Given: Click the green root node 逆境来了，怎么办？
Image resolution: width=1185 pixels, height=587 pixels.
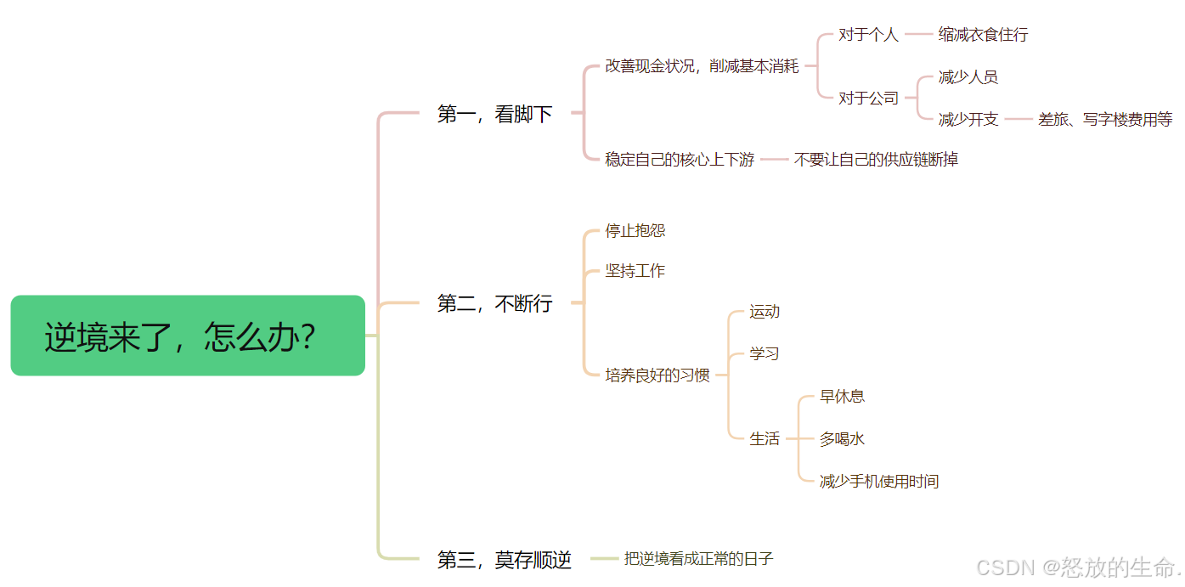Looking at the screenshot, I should coord(188,336).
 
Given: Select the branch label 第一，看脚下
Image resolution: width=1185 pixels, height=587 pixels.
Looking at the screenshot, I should coord(494,114).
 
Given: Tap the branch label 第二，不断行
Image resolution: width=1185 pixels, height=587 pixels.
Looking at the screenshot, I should coord(494,303).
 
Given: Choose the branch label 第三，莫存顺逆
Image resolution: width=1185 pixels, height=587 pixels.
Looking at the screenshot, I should coord(504,560).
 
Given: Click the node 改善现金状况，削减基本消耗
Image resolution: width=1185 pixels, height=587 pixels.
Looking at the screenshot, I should coord(702,66).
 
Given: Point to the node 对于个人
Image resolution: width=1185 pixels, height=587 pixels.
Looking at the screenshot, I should coord(868,35).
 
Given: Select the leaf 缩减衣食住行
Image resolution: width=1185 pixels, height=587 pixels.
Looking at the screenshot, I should coord(983,35).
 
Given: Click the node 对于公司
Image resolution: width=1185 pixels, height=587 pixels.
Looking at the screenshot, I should coord(868,99).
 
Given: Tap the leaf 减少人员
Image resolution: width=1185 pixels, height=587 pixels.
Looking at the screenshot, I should coord(968,77).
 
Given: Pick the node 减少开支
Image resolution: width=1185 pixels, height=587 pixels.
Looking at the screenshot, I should coord(968,120).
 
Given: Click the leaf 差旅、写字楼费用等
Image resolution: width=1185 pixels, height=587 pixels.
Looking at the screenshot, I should coord(1104,120).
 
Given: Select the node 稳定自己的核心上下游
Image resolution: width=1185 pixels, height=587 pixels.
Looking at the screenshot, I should coord(680,160).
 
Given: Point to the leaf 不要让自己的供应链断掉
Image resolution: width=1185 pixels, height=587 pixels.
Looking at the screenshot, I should coord(876,160).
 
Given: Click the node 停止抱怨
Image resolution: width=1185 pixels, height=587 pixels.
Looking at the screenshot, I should coord(635,231).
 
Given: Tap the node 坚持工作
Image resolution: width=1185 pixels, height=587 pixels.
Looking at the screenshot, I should coord(635,271).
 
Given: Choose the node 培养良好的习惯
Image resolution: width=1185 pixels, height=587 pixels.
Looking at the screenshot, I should coord(657,375).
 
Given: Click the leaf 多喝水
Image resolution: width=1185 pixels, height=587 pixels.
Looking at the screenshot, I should coord(842,439).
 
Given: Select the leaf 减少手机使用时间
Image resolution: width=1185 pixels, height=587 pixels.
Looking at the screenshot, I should coord(878,482).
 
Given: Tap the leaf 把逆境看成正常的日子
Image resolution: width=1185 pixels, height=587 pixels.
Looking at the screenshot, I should coord(698,559).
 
